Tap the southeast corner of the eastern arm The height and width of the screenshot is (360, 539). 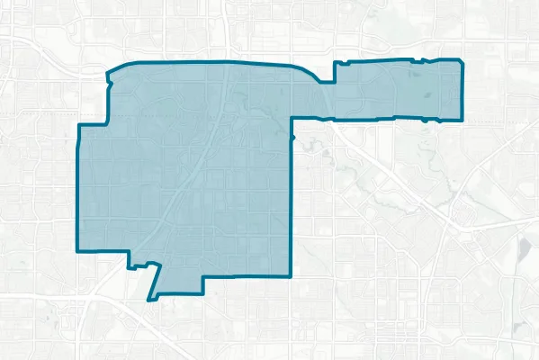pos(463,120)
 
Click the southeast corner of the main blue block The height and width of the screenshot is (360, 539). pos(292,275)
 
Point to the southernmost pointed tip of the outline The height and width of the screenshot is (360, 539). pos(152,299)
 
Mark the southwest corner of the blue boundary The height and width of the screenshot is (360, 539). pos(76,249)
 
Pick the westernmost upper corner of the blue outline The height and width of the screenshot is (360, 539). pos(78,125)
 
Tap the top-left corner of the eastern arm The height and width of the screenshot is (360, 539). pos(335,63)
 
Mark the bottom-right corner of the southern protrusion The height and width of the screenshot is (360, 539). pos(202,293)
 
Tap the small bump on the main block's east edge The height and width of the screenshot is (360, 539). pos(293,137)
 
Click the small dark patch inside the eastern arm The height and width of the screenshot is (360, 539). pos(419,89)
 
